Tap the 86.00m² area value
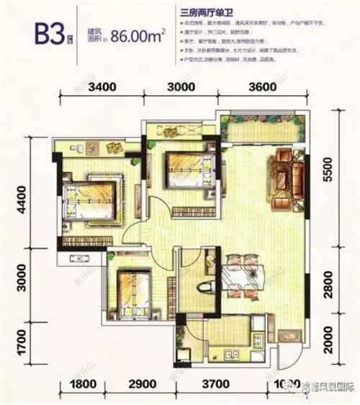point(140,44)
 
